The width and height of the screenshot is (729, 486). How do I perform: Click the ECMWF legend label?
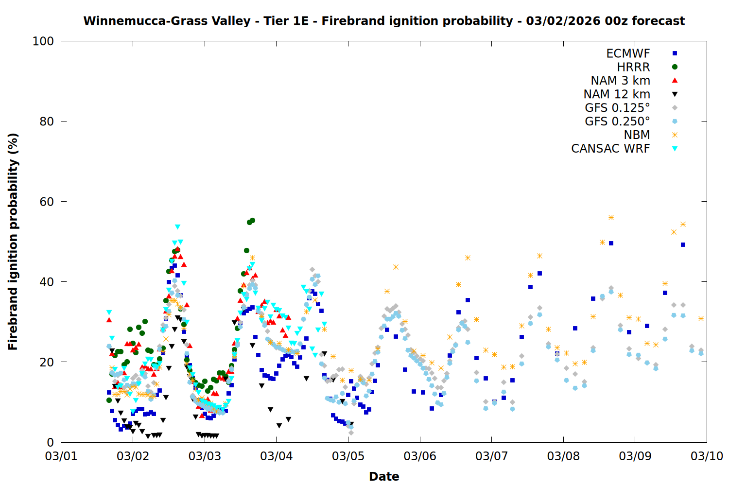tap(628, 53)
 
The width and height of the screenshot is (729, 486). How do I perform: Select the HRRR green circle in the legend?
tap(675, 67)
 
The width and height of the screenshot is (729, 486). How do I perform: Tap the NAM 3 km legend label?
tap(620, 81)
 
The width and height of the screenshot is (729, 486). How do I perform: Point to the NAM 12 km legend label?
tap(617, 94)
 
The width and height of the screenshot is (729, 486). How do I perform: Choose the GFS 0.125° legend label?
tap(617, 108)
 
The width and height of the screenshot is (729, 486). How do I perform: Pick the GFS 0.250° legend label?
tap(617, 121)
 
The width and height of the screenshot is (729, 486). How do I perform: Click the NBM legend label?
tap(637, 135)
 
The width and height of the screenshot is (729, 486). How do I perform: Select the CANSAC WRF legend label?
tap(610, 149)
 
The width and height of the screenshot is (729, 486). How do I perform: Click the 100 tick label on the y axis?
tap(43, 41)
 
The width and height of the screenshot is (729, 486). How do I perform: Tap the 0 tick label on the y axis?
tap(50, 442)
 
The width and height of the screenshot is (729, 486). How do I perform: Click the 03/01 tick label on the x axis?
tap(61, 456)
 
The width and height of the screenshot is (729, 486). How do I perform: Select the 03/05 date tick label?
tap(348, 456)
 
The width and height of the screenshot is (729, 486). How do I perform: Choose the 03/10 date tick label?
tap(707, 456)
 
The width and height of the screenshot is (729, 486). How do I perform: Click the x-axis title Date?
tap(384, 476)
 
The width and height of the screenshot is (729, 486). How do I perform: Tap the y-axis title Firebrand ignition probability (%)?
tap(13, 242)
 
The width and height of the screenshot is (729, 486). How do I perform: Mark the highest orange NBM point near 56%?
tap(611, 218)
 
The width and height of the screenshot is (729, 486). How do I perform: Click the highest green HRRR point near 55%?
tap(252, 221)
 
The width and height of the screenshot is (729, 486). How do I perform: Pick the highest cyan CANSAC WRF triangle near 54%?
tap(177, 227)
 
